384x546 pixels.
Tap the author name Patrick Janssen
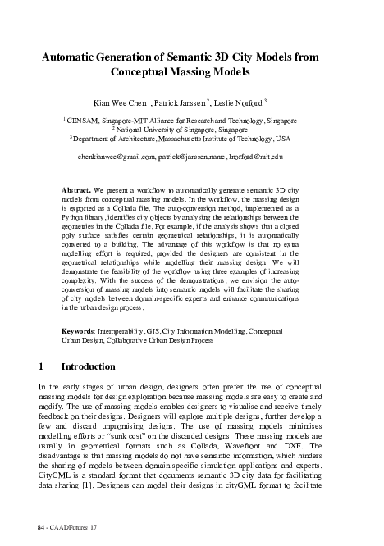[x=208, y=103]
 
